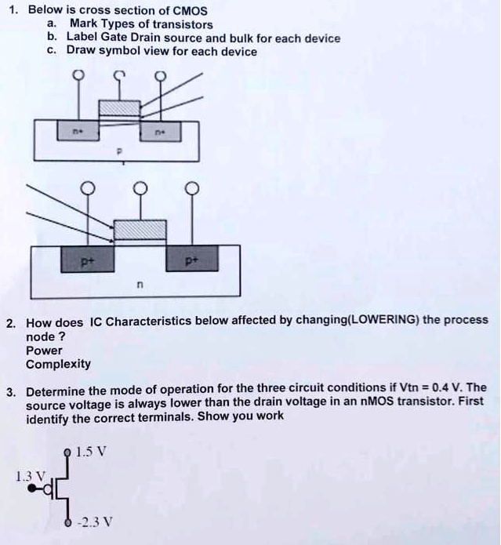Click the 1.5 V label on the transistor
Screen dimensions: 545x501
coord(95,453)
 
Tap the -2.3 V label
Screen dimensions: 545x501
coord(98,521)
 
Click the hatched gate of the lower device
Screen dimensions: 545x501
coord(140,231)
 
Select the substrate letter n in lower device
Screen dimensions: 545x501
coord(140,288)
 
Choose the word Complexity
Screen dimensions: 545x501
coord(58,364)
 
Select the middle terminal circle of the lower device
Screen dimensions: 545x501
coord(141,189)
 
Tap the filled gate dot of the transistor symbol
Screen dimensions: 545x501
coord(33,488)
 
